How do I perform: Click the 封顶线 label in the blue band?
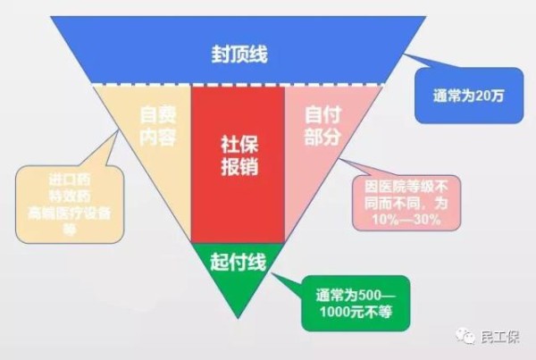click(x=239, y=54)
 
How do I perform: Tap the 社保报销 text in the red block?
click(x=239, y=155)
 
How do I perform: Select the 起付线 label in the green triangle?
click(x=238, y=263)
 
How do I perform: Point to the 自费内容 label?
click(x=157, y=125)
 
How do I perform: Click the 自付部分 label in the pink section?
click(x=322, y=125)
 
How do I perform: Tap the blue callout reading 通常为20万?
click(x=469, y=96)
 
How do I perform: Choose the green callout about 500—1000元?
click(x=356, y=303)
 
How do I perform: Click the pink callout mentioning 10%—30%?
click(x=406, y=203)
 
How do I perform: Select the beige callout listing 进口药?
click(x=70, y=205)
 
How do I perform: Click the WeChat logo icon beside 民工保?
click(x=465, y=336)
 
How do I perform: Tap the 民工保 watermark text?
click(x=499, y=337)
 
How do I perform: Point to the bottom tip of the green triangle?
click(x=238, y=319)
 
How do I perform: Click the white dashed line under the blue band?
click(x=239, y=85)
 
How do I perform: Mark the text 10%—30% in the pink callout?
click(x=406, y=220)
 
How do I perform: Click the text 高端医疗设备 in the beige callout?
click(x=70, y=213)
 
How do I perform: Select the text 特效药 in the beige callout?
click(x=70, y=197)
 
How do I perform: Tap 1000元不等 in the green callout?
click(x=356, y=312)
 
